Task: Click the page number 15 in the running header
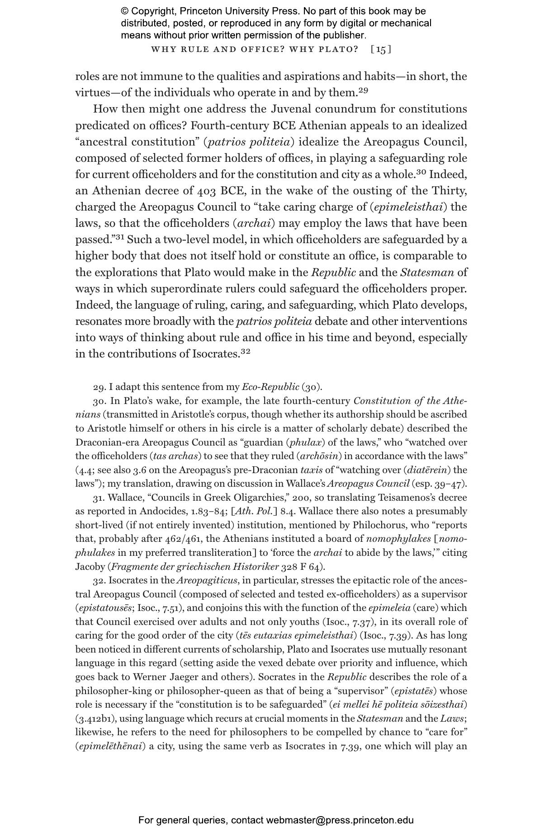point(381,49)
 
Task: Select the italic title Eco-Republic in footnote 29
point(270,387)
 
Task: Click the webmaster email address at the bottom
point(340,821)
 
